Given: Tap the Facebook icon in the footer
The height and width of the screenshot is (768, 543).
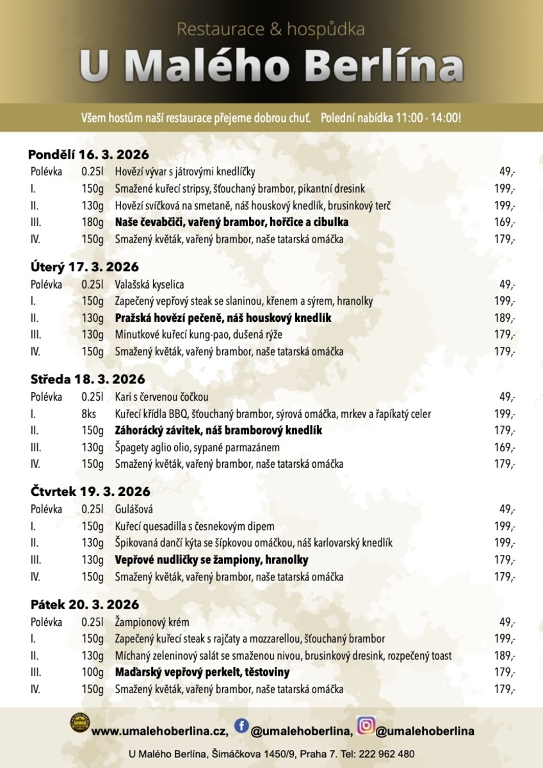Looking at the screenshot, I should coord(241,725).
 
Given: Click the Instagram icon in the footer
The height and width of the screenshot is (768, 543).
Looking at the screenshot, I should coord(366,726).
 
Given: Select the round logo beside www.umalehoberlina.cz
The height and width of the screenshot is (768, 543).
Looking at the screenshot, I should coord(79,723).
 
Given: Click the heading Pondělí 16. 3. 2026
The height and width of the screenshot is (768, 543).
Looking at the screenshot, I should coord(88,154).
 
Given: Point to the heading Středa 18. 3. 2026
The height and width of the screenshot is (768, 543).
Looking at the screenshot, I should coord(88,379).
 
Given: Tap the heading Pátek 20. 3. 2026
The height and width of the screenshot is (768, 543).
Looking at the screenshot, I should coord(85,604).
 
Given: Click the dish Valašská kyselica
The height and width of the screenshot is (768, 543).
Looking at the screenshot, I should coord(149,284).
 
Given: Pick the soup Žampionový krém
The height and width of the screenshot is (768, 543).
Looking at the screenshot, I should coord(152,621).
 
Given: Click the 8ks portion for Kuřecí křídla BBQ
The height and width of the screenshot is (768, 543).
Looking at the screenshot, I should coord(89,413).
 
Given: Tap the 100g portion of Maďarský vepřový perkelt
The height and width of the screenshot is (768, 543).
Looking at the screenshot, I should coord(92,673).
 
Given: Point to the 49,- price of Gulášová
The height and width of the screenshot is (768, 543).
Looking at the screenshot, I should coord(508,509).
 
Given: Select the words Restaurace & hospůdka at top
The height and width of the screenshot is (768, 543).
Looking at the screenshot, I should coord(271,29).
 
